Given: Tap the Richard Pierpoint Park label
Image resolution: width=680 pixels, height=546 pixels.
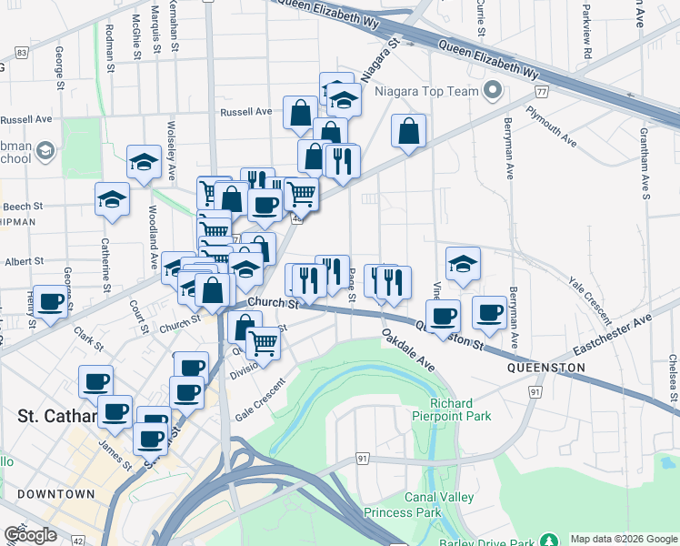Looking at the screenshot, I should point(461,409).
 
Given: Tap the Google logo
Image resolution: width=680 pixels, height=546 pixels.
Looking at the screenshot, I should point(30,535).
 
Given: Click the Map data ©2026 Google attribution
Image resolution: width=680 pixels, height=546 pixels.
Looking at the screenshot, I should point(623,539).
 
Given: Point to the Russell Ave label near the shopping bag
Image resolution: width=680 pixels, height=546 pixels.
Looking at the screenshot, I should point(246,112).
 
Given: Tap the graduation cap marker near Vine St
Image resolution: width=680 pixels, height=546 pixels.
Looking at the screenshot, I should point(463,263).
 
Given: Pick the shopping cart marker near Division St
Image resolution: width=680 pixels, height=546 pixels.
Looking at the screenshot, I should point(263,342).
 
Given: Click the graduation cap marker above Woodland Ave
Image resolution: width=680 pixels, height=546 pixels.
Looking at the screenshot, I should point(144,161).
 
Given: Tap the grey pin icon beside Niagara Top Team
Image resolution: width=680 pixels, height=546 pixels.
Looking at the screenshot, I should point(495,90).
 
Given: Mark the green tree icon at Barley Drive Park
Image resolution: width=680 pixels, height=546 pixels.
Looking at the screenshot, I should point(548,540).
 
